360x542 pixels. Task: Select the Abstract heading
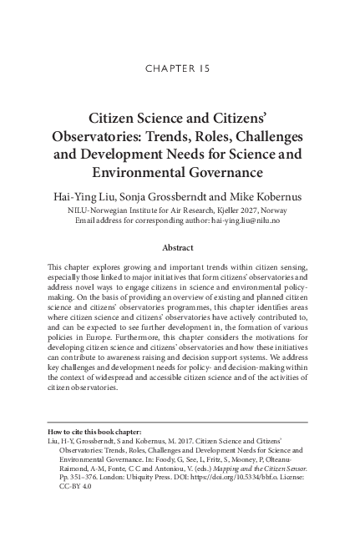[x=180, y=248]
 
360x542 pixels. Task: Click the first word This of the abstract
[x=58, y=265]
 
